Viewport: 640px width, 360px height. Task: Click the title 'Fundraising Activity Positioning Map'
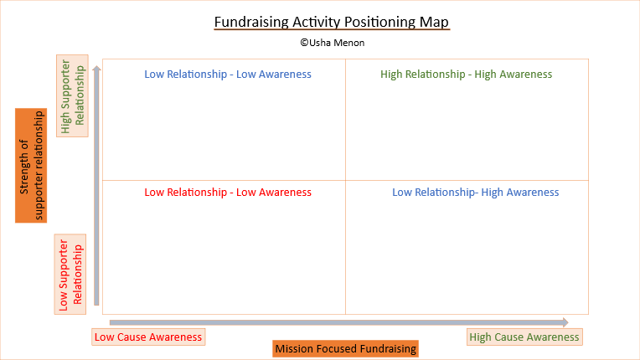pyautogui.click(x=332, y=21)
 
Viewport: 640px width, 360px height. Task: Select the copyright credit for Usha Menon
pyautogui.click(x=332, y=42)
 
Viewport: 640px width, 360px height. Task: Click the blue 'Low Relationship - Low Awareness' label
pyautogui.click(x=228, y=75)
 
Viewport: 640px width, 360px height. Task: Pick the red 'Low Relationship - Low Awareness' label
pyautogui.click(x=228, y=193)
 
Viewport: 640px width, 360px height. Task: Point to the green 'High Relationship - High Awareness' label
pyautogui.click(x=467, y=75)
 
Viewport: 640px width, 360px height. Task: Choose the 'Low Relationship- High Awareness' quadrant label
pyautogui.click(x=475, y=193)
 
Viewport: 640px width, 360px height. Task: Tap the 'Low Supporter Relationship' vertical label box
pyautogui.click(x=71, y=274)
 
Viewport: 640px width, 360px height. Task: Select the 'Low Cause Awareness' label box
pyautogui.click(x=148, y=337)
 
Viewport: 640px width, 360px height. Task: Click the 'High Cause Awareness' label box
pyautogui.click(x=524, y=337)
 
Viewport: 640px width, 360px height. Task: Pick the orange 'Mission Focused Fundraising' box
pyautogui.click(x=346, y=349)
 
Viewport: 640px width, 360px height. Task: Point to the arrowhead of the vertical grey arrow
pyautogui.click(x=98, y=70)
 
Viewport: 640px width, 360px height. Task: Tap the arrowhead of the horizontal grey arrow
pyautogui.click(x=565, y=322)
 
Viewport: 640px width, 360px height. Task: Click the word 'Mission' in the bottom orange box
pyautogui.click(x=294, y=349)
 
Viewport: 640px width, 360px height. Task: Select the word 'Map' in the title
pyautogui.click(x=436, y=21)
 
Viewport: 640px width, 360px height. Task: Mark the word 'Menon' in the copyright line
pyautogui.click(x=349, y=42)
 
